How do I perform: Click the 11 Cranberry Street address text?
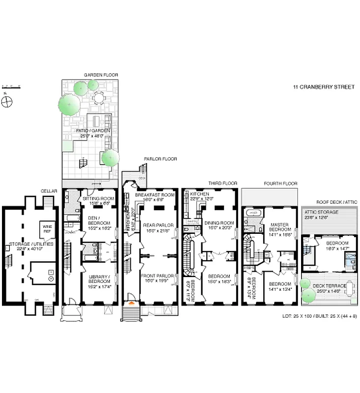[x=324, y=87]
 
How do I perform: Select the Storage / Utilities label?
[x=28, y=246]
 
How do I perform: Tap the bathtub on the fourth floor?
[x=253, y=214]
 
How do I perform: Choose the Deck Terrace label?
[x=329, y=288]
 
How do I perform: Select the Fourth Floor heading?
[x=280, y=183]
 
